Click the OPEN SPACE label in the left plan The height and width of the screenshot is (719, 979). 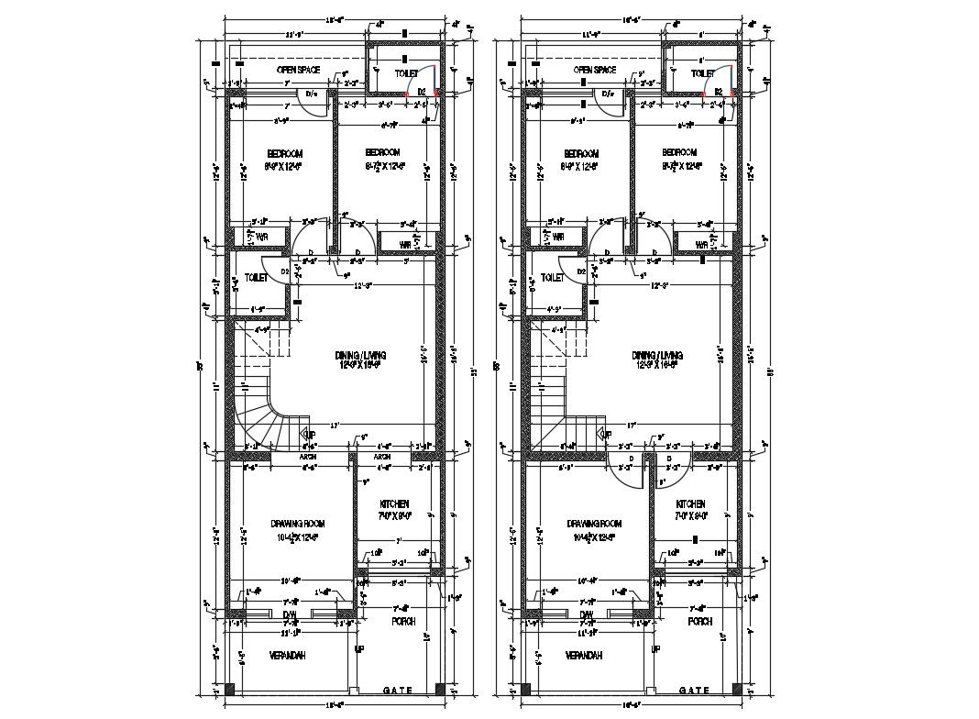(299, 70)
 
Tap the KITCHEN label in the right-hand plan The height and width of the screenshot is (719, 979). (691, 504)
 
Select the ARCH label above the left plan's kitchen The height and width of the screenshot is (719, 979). (382, 457)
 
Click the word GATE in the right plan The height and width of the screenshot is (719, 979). (695, 690)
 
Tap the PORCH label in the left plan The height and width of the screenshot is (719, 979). (403, 621)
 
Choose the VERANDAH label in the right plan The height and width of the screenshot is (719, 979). (583, 656)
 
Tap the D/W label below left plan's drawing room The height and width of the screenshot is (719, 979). (290, 614)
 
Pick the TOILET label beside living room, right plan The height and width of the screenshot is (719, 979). (552, 277)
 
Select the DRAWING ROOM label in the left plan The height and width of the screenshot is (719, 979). (298, 524)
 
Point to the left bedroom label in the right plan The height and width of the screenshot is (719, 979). (580, 153)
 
